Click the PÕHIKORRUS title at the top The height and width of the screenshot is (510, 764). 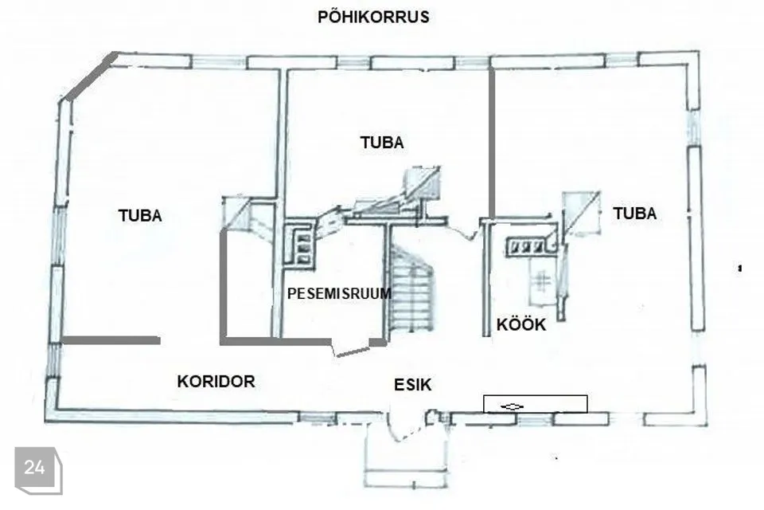click(x=373, y=17)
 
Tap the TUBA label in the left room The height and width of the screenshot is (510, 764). click(x=140, y=216)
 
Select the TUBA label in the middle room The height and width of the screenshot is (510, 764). click(x=382, y=143)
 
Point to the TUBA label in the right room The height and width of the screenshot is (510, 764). click(x=634, y=214)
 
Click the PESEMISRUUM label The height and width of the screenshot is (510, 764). click(x=339, y=293)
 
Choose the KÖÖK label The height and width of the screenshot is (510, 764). click(x=520, y=324)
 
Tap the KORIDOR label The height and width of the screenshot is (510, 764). click(x=216, y=381)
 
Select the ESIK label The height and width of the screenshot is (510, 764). click(x=413, y=385)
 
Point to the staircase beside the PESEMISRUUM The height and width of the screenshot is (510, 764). click(x=411, y=289)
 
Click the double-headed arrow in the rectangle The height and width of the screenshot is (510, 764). click(x=512, y=406)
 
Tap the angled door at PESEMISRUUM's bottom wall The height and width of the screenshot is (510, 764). click(x=352, y=351)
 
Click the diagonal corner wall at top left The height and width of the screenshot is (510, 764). click(x=91, y=76)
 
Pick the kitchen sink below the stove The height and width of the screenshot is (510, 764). click(x=541, y=281)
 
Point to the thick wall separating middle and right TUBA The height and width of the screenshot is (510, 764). click(x=492, y=143)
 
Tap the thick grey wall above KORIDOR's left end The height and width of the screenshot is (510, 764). click(x=111, y=340)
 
